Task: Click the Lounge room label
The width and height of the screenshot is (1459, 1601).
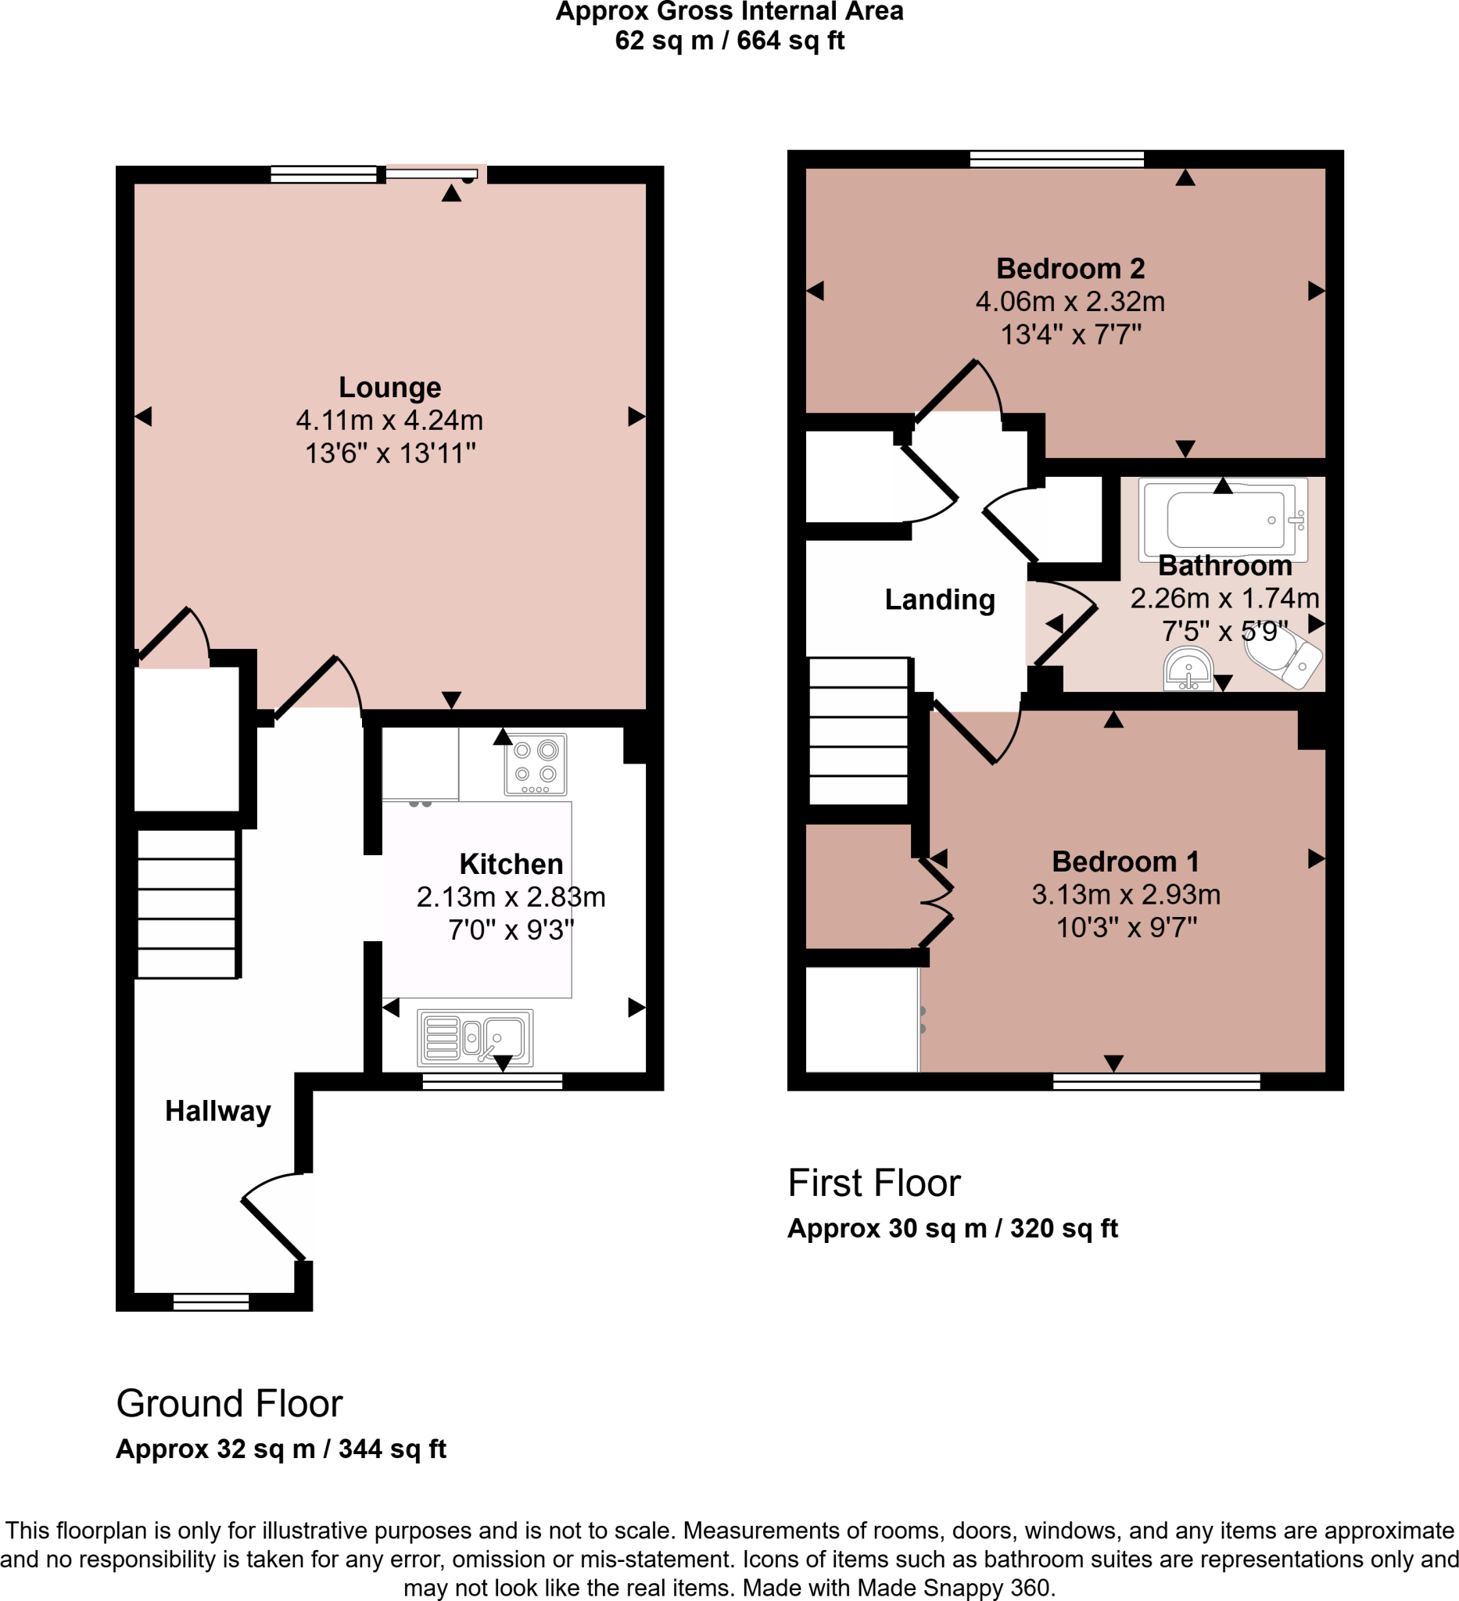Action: pos(389,387)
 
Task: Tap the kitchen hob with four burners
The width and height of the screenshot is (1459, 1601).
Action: pos(536,764)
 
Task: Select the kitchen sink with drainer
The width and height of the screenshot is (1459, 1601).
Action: pos(475,1037)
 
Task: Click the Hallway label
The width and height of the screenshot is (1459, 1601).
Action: pos(217,1110)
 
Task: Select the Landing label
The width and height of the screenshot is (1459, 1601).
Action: pos(940,600)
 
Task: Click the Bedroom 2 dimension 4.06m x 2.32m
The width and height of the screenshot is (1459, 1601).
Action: pos(1070,302)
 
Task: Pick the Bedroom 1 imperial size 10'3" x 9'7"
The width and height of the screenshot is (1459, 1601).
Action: pos(1125,927)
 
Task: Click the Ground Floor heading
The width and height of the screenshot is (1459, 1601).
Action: pos(229,1403)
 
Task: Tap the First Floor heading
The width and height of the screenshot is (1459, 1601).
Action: pos(873,1183)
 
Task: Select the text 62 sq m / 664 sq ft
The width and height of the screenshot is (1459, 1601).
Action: pos(729,41)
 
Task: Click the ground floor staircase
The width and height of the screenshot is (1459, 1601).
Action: pos(187,904)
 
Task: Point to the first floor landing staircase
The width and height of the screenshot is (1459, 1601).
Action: pos(858,732)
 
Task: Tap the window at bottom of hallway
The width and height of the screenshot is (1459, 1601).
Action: pos(210,1301)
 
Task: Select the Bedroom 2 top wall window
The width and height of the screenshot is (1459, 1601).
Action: pos(1056,159)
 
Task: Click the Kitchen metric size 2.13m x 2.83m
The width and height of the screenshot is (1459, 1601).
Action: pos(511,897)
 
